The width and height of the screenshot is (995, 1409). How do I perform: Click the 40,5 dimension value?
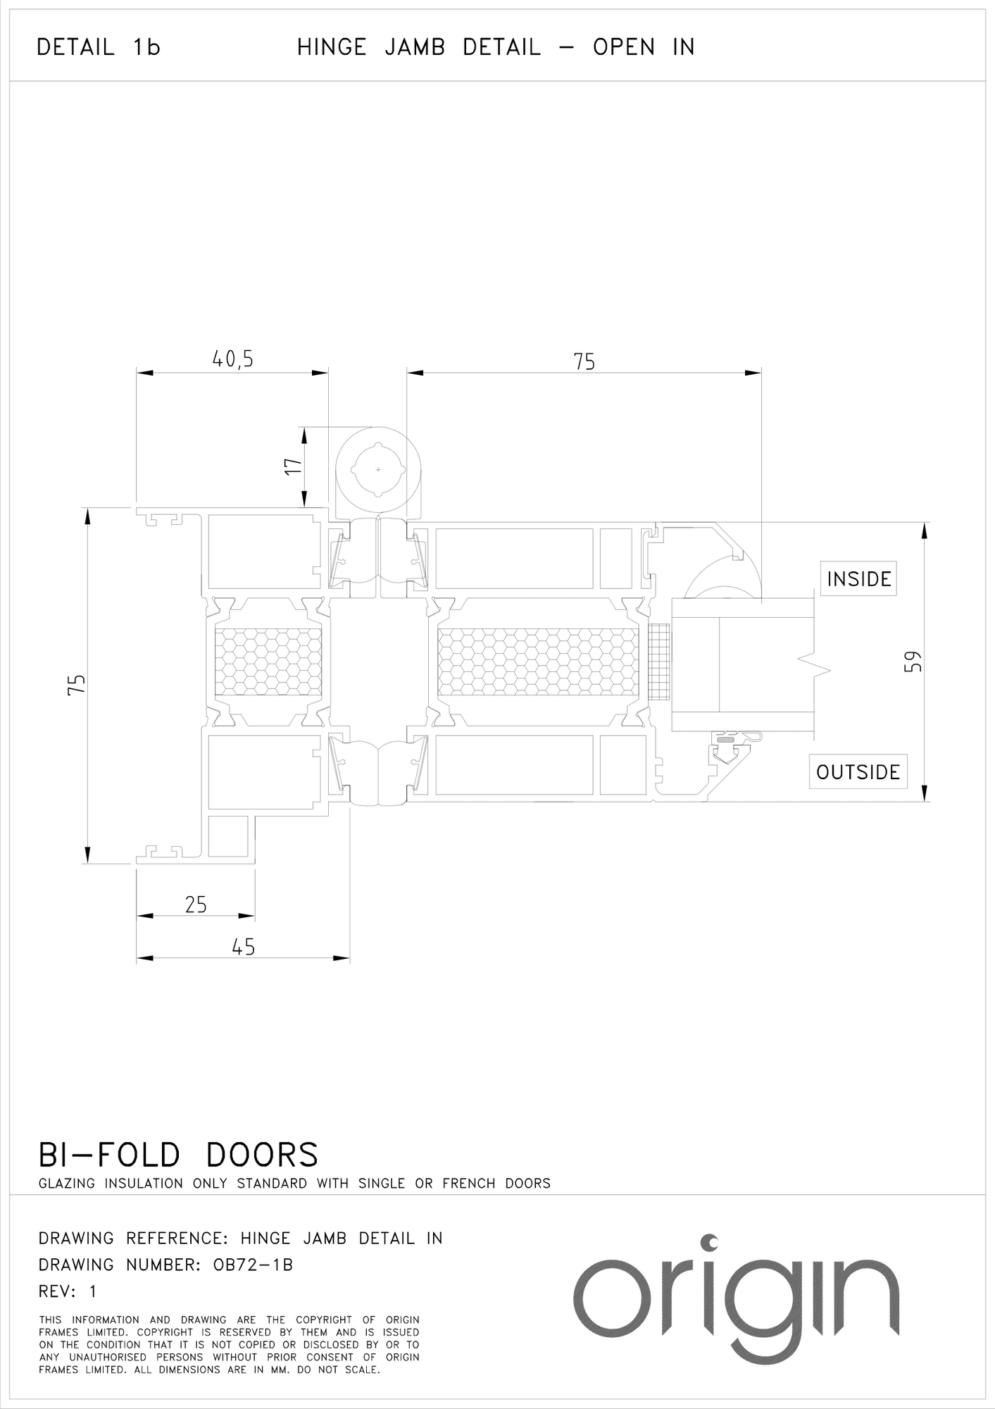point(232,359)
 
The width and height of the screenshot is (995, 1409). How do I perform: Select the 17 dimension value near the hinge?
point(293,466)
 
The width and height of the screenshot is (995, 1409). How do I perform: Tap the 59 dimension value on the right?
point(913,662)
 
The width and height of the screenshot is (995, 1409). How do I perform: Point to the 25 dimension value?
point(196,905)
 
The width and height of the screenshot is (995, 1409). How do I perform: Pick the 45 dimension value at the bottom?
point(243,947)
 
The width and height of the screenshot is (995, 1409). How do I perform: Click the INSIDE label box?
point(858,579)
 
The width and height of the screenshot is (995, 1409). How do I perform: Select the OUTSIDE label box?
point(858,771)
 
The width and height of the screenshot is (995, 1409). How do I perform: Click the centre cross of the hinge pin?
point(378,469)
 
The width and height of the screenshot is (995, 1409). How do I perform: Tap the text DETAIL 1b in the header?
point(99,47)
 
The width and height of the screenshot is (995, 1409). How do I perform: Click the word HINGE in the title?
point(332,47)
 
